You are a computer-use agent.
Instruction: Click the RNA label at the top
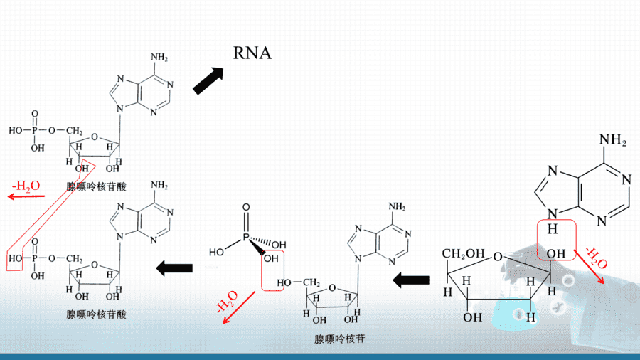point(252,53)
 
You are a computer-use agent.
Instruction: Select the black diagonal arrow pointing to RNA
point(208,80)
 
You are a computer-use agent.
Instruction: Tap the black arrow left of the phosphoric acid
point(174,268)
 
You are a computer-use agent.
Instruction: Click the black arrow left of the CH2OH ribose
point(411,280)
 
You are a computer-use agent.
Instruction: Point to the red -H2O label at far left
point(26,186)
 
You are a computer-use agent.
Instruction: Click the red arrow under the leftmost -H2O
point(26,197)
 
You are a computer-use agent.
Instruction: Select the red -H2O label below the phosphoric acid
point(227,302)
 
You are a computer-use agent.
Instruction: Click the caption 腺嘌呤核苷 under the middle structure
point(340,339)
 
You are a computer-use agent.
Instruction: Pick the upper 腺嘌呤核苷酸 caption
point(96,187)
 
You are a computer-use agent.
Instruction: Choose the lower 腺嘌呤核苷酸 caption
point(96,314)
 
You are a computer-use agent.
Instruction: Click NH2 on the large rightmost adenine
point(613,140)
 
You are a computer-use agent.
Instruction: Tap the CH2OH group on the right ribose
point(463,254)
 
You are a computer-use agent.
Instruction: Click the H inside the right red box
point(553,229)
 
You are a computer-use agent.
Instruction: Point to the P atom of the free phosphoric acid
point(246,237)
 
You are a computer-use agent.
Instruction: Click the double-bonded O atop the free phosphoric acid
point(246,207)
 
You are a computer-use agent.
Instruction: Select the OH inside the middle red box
point(271,258)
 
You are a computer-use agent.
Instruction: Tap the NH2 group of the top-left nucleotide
point(159,57)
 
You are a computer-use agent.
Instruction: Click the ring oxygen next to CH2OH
point(498,256)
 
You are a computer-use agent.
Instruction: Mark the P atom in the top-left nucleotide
point(35,131)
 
